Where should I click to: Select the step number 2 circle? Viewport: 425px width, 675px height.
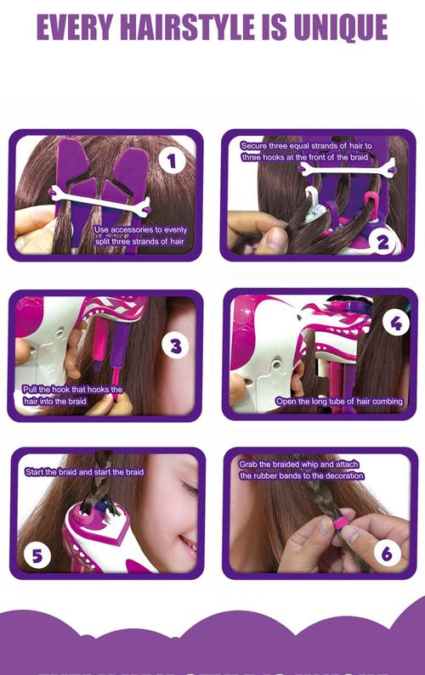coord(382,241)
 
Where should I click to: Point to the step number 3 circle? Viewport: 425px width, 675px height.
coord(176,346)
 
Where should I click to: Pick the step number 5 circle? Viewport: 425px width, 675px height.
coord(37,556)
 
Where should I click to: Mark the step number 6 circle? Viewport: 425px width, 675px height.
coord(387,554)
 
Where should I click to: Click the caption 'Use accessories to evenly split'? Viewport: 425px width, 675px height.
coord(140,235)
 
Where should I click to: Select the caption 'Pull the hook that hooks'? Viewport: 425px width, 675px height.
coord(72,395)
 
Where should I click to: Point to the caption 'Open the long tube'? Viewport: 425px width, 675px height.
coord(337,401)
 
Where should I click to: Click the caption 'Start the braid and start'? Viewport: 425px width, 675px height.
coord(84,471)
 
